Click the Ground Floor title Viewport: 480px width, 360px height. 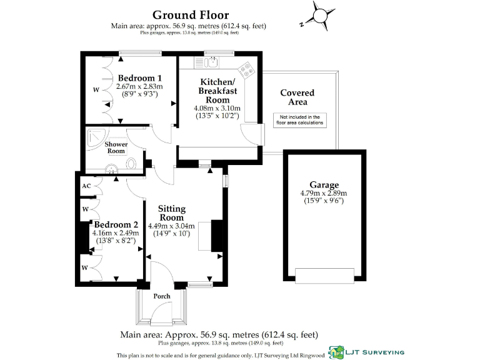coord(191,15)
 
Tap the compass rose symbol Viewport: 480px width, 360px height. coord(317,16)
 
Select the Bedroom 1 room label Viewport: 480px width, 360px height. coord(139,77)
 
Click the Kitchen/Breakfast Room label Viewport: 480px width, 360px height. coord(217,91)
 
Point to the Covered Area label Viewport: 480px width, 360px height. coord(297,97)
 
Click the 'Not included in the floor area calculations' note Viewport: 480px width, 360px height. coord(299,120)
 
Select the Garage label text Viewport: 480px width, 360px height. coord(324,185)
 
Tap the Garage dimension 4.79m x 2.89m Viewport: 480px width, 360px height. coord(324,193)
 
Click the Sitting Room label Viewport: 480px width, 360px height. coord(171,213)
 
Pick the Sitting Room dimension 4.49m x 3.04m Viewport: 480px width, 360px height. coord(171,226)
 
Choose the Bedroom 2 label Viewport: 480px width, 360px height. coord(116,224)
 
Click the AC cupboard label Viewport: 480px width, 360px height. coord(86,186)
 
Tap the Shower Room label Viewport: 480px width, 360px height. coord(116,147)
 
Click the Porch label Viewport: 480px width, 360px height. coord(162,296)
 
